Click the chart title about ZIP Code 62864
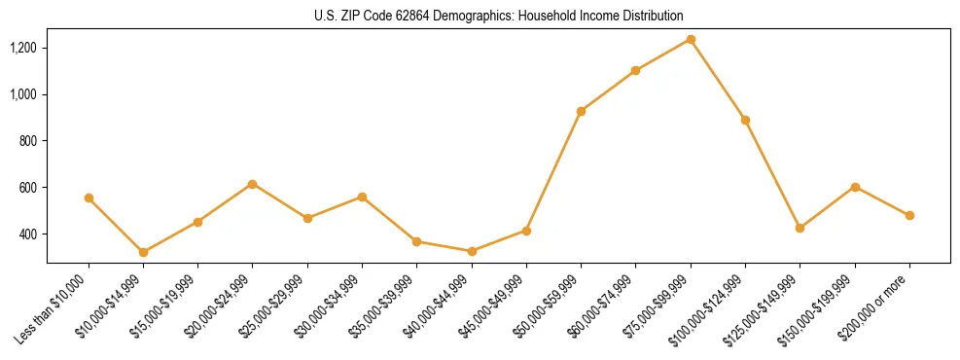[x=498, y=16]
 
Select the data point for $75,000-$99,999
[x=691, y=39]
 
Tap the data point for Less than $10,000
[x=89, y=198]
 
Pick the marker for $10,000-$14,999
[x=143, y=252]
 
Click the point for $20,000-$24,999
[x=253, y=184]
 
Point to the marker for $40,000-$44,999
[x=472, y=251]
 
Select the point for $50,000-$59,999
[x=581, y=111]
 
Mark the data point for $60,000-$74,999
[x=635, y=70]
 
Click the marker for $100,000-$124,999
[x=745, y=120]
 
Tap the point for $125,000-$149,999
[x=800, y=228]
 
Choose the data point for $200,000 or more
[x=909, y=215]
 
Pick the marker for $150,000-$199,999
[x=855, y=187]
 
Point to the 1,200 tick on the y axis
[x=23, y=48]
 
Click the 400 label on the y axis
[x=29, y=234]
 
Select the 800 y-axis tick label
[x=29, y=141]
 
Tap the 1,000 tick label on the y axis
[x=23, y=94]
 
